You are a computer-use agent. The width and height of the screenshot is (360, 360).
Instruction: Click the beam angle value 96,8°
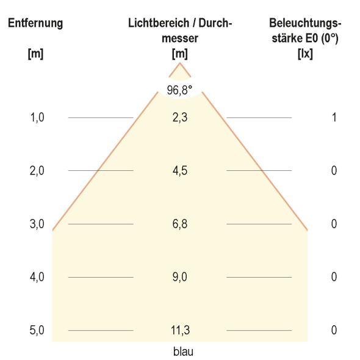(179, 90)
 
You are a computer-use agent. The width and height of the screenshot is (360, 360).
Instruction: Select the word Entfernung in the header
(35, 24)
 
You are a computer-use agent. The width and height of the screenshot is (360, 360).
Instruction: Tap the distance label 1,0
(37, 117)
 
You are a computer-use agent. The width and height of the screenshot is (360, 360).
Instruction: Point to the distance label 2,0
(37, 170)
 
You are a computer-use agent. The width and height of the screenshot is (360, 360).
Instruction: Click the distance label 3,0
(37, 224)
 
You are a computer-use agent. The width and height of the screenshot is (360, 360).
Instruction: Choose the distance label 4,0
(37, 277)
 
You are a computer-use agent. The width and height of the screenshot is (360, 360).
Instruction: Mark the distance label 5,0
(37, 331)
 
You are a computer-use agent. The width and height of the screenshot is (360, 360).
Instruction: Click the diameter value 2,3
(179, 117)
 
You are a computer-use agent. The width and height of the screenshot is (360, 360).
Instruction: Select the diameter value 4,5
(179, 170)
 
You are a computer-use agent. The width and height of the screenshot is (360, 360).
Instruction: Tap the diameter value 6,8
(179, 224)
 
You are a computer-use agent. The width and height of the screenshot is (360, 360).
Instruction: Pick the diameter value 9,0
(179, 277)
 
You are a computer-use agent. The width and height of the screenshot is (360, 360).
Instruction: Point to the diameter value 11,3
(179, 331)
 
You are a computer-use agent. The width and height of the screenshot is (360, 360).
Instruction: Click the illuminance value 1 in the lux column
(334, 117)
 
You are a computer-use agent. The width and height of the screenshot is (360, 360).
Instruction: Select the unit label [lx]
(304, 53)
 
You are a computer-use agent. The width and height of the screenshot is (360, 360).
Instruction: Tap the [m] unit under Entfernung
(35, 53)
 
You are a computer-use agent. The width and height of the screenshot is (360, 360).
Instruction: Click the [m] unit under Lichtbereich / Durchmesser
(179, 53)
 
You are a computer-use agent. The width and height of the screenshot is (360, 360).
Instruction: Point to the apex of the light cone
(179, 63)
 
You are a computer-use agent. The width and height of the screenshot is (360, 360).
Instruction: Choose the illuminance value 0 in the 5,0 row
(334, 331)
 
